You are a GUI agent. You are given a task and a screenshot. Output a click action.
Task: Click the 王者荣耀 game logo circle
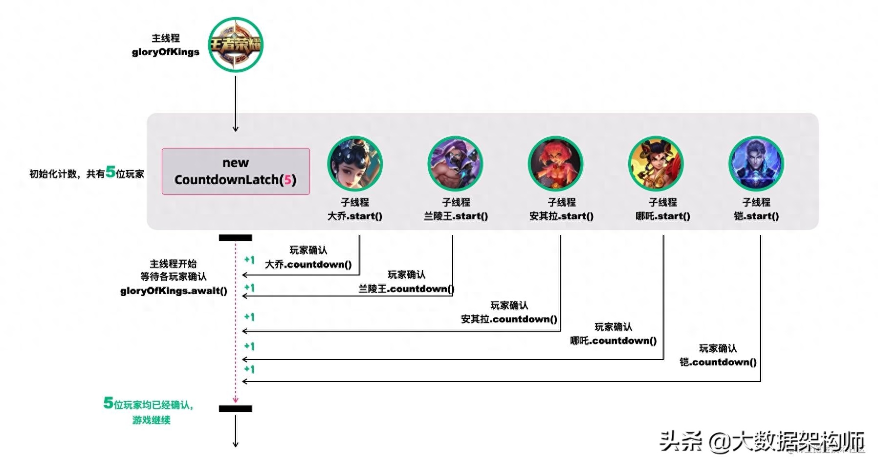pyautogui.click(x=236, y=45)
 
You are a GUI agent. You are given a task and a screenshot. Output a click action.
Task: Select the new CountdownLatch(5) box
pyautogui.click(x=236, y=171)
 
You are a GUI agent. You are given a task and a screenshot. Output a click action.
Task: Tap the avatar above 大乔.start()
pyautogui.click(x=354, y=164)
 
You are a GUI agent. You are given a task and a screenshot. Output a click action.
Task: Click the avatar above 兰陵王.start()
pyautogui.click(x=455, y=164)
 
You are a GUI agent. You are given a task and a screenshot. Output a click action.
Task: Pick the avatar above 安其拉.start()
pyautogui.click(x=555, y=164)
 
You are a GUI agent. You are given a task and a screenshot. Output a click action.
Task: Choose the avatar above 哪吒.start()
pyautogui.click(x=656, y=164)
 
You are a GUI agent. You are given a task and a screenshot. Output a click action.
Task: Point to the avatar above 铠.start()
pyautogui.click(x=756, y=164)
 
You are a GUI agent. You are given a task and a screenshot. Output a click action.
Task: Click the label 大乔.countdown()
pyautogui.click(x=308, y=265)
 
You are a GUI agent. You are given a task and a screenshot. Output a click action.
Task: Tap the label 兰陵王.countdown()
pyautogui.click(x=406, y=289)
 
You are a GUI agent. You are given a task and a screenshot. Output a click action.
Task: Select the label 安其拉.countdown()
pyautogui.click(x=509, y=319)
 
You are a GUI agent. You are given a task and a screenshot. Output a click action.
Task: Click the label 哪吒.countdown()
pyautogui.click(x=613, y=341)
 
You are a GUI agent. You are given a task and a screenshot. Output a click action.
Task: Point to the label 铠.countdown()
pyautogui.click(x=718, y=362)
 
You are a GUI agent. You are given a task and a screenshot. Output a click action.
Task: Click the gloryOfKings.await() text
pyautogui.click(x=174, y=291)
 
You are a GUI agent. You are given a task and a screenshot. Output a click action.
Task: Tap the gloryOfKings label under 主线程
pyautogui.click(x=166, y=52)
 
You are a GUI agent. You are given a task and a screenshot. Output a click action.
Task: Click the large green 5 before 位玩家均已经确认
pyautogui.click(x=108, y=403)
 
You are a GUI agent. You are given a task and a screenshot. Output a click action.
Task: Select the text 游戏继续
pyautogui.click(x=151, y=420)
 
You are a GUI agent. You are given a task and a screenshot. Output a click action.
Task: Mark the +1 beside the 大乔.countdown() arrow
pyautogui.click(x=249, y=260)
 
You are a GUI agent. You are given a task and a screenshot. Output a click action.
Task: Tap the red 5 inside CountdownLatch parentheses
pyautogui.click(x=287, y=180)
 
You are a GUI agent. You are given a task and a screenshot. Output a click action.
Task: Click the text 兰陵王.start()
pyautogui.click(x=456, y=216)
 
